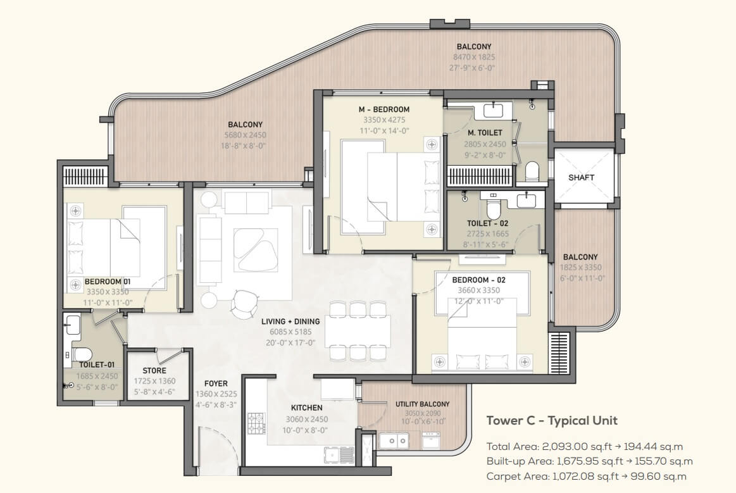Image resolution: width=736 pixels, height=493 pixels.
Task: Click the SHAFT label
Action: click(x=581, y=177)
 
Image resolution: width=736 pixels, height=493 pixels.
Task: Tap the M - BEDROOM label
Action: click(x=384, y=109)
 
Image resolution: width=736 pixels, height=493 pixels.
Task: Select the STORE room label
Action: click(x=154, y=370)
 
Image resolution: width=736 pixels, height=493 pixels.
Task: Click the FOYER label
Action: click(x=216, y=384)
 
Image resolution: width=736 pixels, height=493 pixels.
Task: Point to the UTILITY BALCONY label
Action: click(x=423, y=404)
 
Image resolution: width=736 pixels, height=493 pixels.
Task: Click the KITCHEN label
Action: click(x=306, y=408)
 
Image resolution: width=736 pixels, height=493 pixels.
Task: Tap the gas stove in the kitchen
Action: click(x=256, y=424)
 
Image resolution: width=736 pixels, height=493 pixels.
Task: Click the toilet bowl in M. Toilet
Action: click(x=532, y=171)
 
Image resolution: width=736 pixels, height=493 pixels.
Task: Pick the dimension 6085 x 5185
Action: click(x=290, y=332)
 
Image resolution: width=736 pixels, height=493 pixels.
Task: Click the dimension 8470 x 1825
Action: click(x=474, y=58)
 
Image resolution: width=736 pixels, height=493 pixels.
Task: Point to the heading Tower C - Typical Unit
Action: click(x=552, y=420)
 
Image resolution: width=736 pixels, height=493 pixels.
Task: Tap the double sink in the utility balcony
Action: click(x=394, y=440)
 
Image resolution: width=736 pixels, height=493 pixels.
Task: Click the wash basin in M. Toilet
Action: click(x=494, y=111)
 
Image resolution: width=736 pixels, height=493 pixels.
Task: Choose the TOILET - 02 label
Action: click(x=487, y=223)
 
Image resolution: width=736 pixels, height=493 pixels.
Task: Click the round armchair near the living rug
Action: click(x=245, y=303)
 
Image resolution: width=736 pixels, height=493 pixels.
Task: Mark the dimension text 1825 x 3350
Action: click(x=580, y=268)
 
